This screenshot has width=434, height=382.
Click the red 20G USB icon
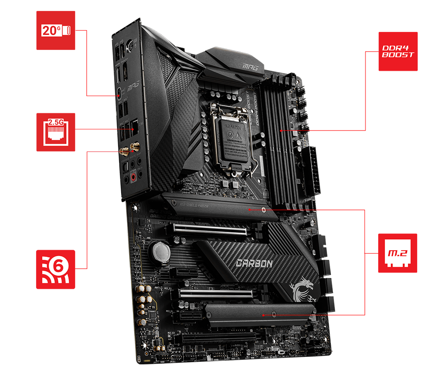click(56, 31)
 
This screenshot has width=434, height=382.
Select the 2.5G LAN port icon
click(56, 132)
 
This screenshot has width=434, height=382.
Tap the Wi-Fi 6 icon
click(56, 269)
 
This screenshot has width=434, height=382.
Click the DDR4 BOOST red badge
click(398, 51)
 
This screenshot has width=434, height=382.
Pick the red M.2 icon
click(398, 253)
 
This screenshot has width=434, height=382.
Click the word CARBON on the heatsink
click(254, 263)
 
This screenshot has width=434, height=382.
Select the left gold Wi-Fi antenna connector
click(125, 152)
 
